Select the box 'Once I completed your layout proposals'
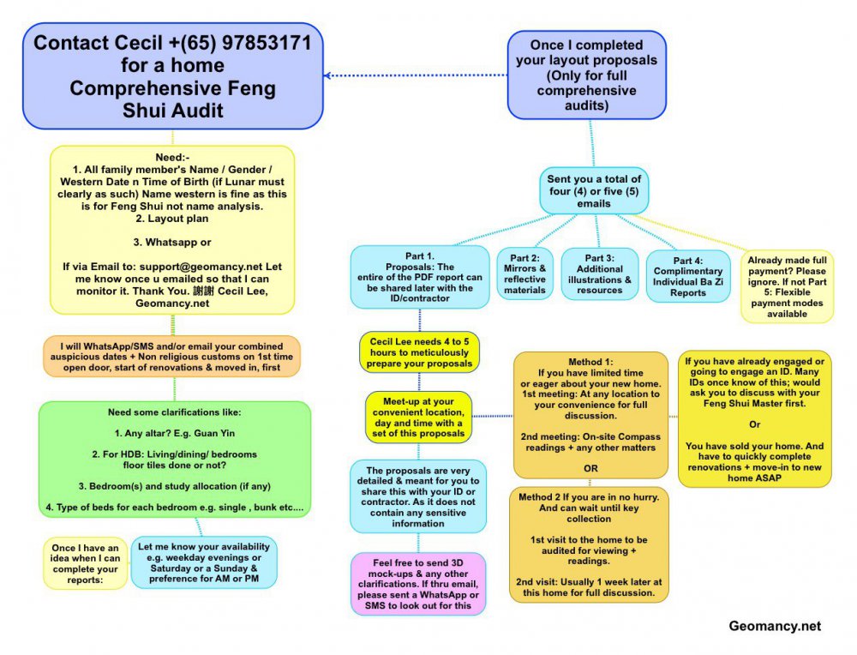pos(586,75)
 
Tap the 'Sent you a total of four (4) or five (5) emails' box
pos(592,191)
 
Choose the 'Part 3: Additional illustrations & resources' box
pos(599,273)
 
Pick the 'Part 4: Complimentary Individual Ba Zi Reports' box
pos(688,276)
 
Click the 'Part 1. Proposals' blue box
pos(419,276)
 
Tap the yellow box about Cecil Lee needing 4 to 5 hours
pos(419,352)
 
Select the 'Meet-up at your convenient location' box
pos(419,416)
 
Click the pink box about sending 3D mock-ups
pos(419,583)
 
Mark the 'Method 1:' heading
pos(590,362)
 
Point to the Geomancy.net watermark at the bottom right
pos(775,627)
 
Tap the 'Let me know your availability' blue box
pos(204,562)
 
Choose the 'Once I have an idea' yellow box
pos(85,562)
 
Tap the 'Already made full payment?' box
pos(788,286)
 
